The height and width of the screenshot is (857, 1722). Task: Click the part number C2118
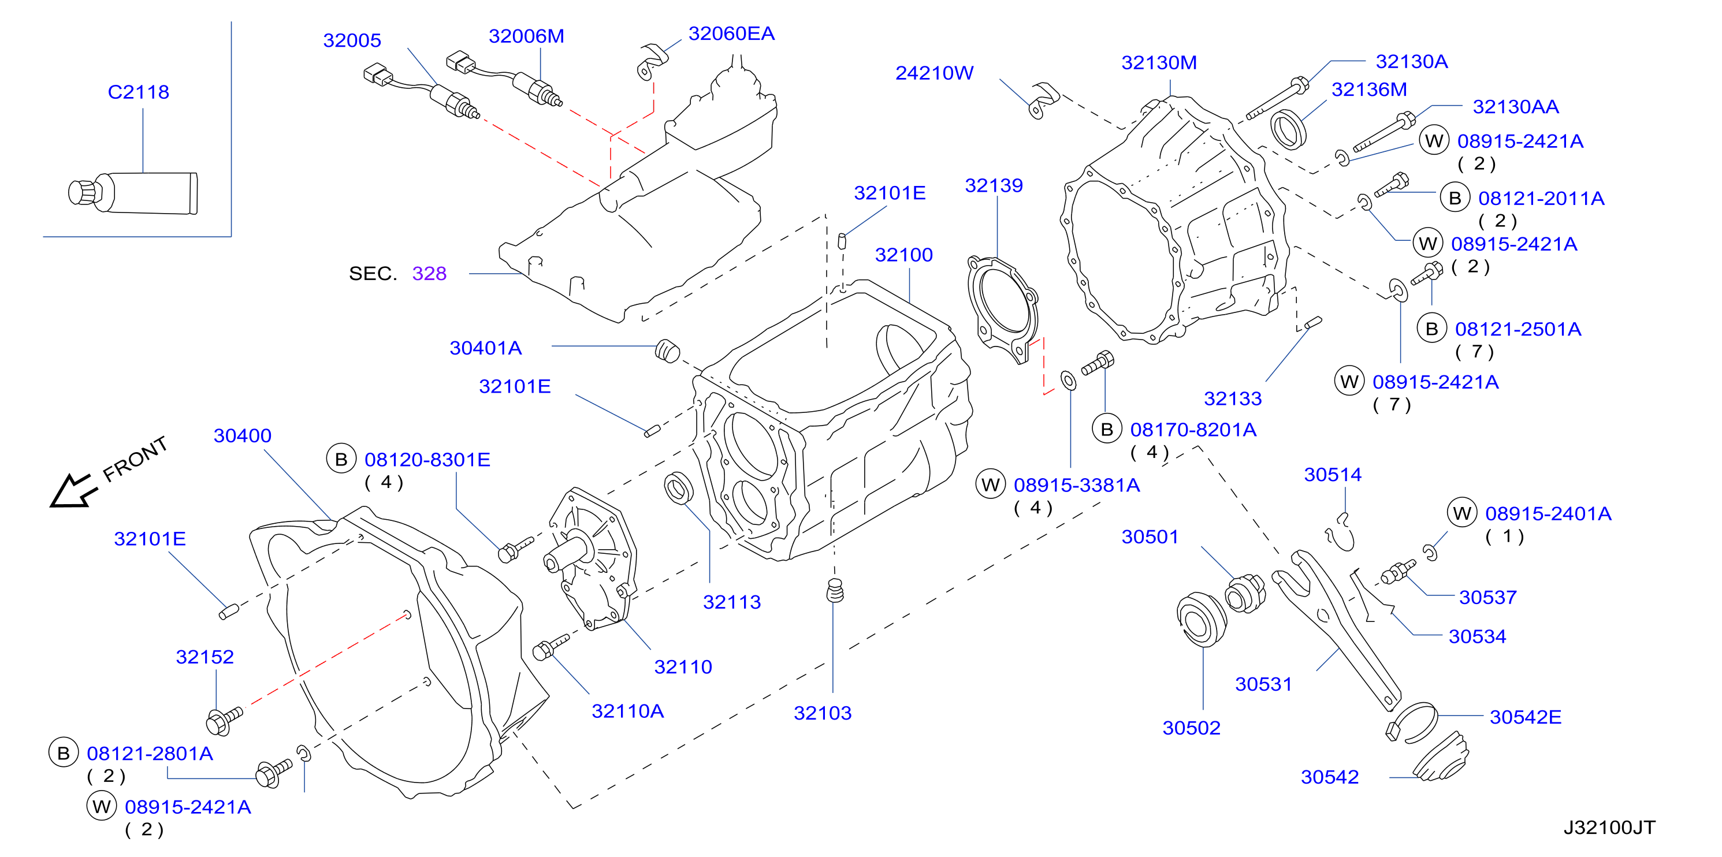pos(139,92)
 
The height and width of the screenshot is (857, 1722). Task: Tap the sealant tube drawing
pos(133,193)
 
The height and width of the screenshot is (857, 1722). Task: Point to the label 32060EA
pos(731,33)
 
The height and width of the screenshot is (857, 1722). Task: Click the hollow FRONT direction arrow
pos(73,491)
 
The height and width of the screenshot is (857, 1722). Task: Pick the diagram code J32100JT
pos(1609,828)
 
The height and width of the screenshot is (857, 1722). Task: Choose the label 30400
pos(242,436)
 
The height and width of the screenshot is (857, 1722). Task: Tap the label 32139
pos(994,185)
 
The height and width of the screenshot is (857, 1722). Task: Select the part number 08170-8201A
pos(1193,430)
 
